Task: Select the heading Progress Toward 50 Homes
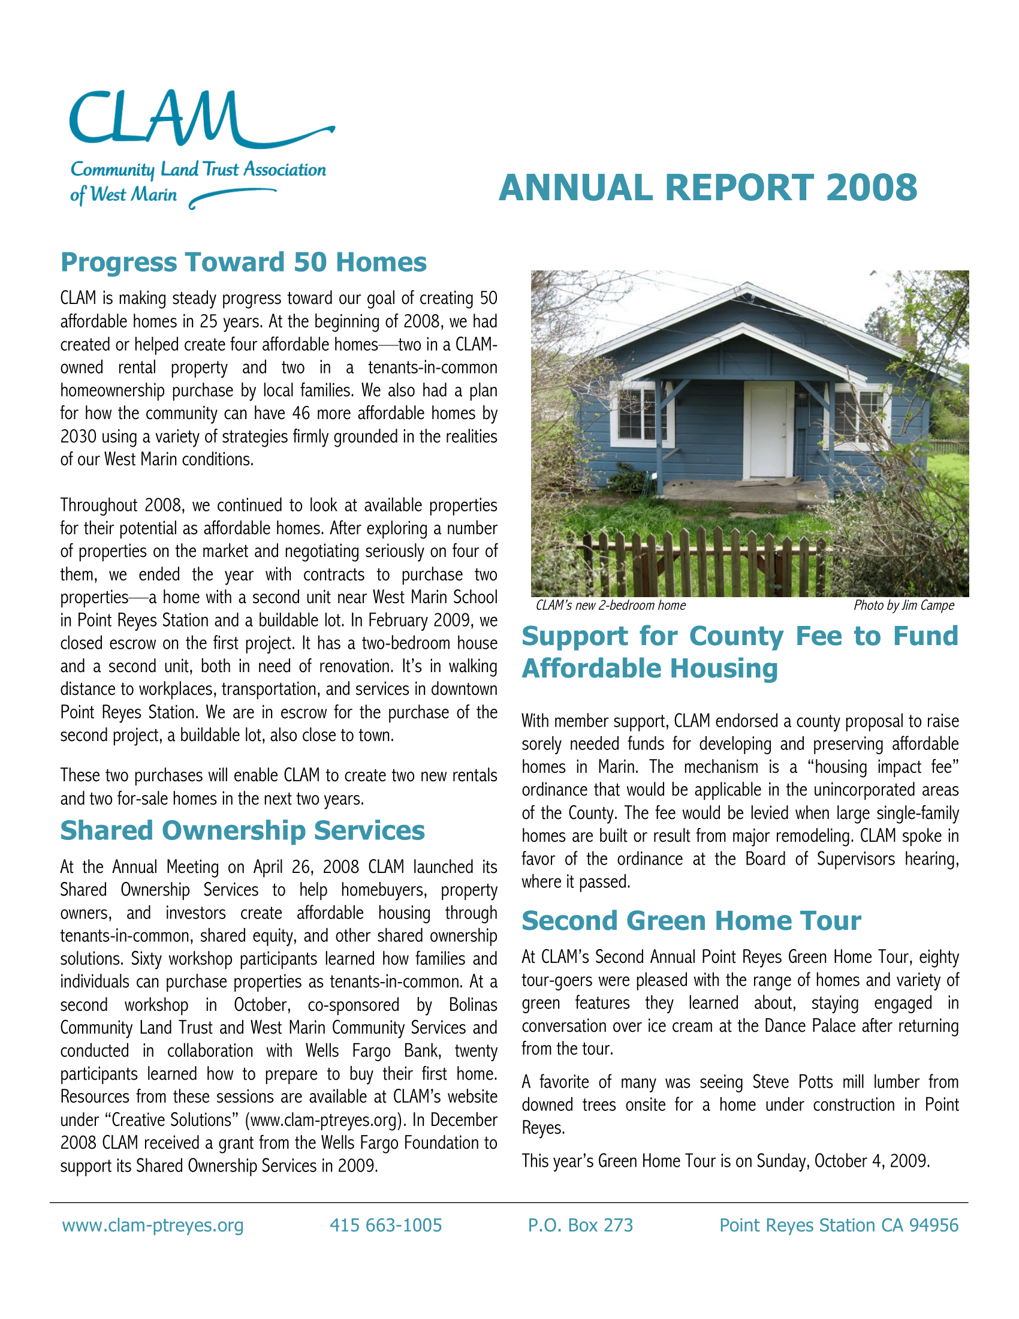click(x=243, y=262)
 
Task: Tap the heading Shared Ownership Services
click(x=242, y=830)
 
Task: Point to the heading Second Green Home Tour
click(x=691, y=921)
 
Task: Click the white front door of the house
click(x=768, y=430)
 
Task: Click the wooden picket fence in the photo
click(x=694, y=562)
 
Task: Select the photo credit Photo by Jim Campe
click(x=903, y=605)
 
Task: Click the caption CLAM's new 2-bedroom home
click(x=610, y=605)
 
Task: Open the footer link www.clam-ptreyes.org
click(x=153, y=1225)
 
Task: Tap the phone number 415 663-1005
click(x=386, y=1225)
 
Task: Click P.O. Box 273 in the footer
click(x=580, y=1225)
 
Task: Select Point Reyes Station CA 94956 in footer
click(x=839, y=1225)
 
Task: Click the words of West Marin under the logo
click(x=123, y=195)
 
